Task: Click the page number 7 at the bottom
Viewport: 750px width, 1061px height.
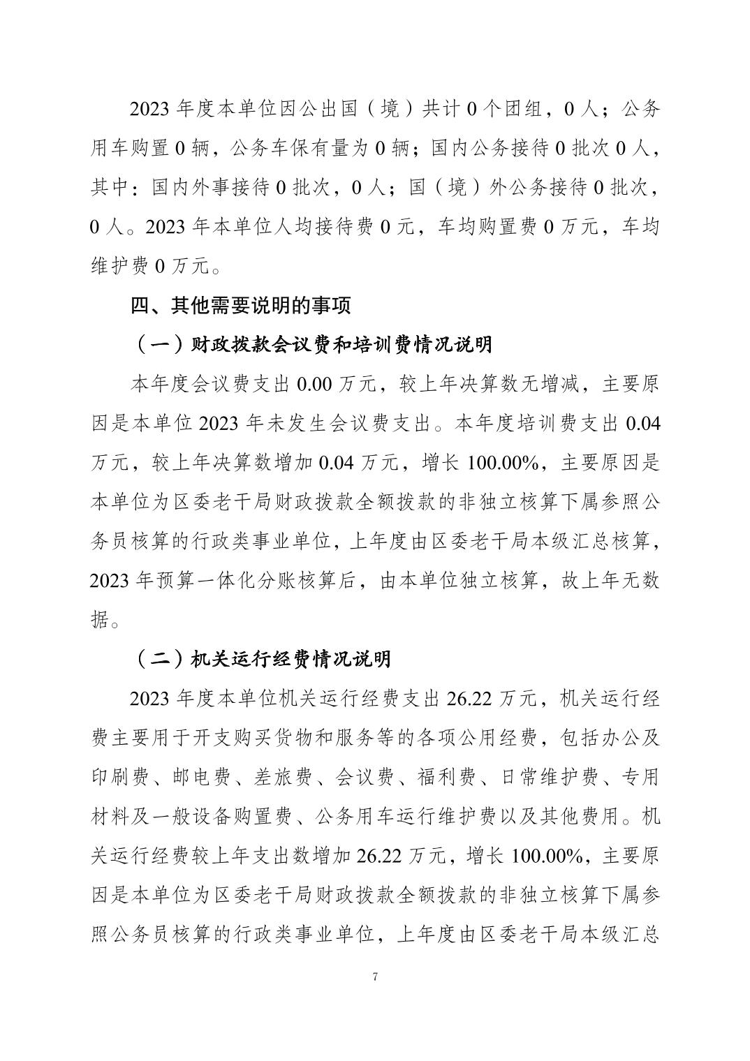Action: coord(375,977)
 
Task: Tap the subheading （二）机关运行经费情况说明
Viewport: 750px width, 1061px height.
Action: coord(262,658)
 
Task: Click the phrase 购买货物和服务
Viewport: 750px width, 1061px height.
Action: coord(300,737)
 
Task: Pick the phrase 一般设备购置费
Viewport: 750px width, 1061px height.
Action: coord(223,816)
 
